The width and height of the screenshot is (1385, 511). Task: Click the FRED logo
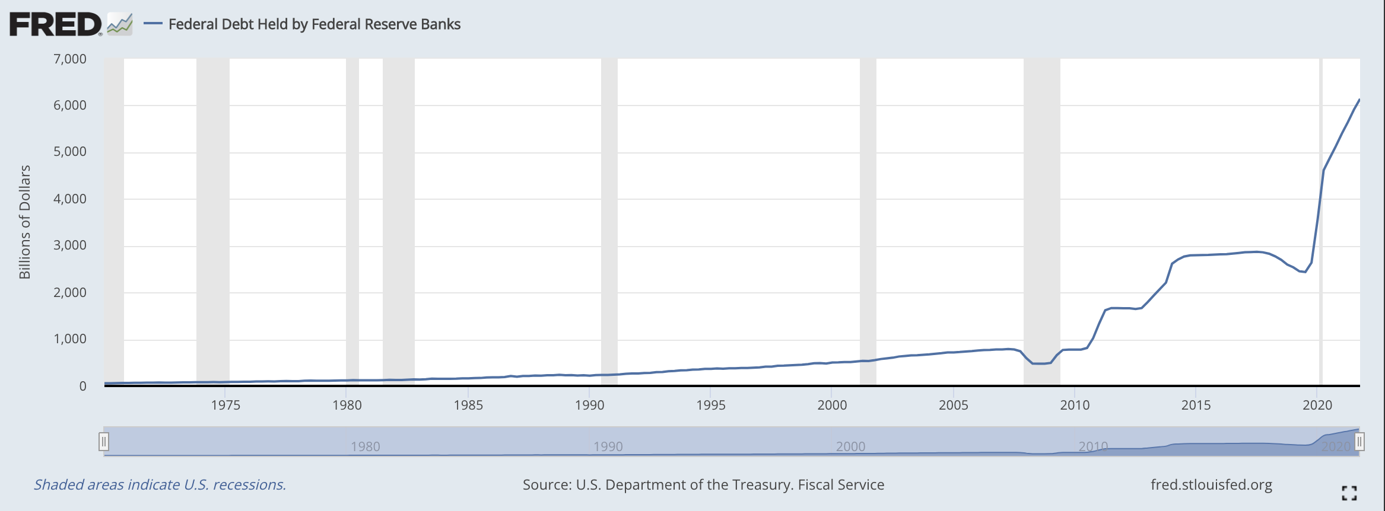pos(56,24)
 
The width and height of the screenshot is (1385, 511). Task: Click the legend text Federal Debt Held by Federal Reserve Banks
pos(315,24)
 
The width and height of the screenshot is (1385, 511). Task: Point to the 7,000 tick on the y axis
pos(70,59)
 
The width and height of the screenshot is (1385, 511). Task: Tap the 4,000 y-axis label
pos(70,199)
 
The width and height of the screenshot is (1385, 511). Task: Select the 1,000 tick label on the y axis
pos(70,338)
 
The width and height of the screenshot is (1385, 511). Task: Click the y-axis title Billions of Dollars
pos(24,222)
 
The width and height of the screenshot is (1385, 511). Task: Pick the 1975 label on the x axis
pos(225,405)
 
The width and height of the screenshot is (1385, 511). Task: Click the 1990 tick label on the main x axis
pos(589,405)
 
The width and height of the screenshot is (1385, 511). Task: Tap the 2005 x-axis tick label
pos(953,405)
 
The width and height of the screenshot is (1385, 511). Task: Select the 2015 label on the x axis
pos(1196,405)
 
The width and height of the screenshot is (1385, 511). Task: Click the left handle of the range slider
pos(104,442)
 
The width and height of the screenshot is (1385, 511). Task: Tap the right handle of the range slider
pos(1359,442)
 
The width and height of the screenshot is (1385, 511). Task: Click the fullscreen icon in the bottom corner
pos(1349,493)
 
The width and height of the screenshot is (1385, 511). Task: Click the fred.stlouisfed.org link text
pos(1211,485)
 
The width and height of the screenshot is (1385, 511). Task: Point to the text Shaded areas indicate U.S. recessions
pos(160,485)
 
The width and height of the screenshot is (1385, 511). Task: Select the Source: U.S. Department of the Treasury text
pos(703,485)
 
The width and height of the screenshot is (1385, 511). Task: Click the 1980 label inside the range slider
pos(365,446)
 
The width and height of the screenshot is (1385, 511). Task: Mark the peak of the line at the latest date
pos(1359,100)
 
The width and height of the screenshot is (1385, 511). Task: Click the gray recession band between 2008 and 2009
pos(1041,219)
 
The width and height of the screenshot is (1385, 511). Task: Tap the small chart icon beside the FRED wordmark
pos(120,25)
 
